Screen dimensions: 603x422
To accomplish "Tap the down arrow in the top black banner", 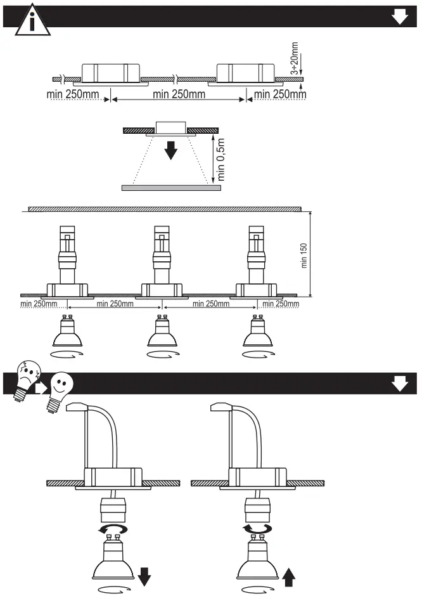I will pos(400,17).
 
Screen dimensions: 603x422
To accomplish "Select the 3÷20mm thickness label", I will pos(295,59).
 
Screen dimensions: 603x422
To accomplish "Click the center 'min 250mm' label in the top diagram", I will pos(179,94).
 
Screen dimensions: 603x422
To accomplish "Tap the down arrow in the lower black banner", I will pos(400,384).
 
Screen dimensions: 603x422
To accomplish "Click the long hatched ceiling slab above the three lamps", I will pos(163,209).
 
